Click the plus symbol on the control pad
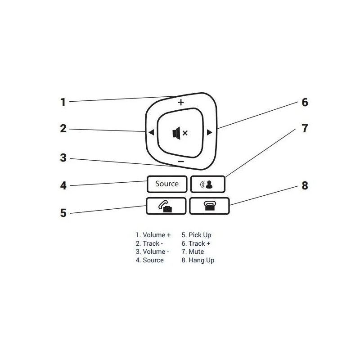[x=181, y=102]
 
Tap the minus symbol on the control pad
[x=181, y=162]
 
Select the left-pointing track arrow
[x=151, y=132]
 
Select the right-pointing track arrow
[x=209, y=132]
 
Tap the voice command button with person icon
[x=208, y=184]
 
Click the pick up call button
[x=166, y=206]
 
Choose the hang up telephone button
[x=209, y=206]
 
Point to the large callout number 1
[x=63, y=103]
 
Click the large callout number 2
[x=63, y=129]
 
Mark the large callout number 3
[x=63, y=158]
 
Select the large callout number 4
[x=63, y=185]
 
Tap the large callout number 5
[x=63, y=213]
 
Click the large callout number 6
[x=305, y=103]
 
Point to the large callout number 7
[x=305, y=129]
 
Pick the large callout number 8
[x=305, y=185]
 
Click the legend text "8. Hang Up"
[x=198, y=261]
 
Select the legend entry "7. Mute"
[x=193, y=252]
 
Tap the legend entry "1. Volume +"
[x=153, y=235]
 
